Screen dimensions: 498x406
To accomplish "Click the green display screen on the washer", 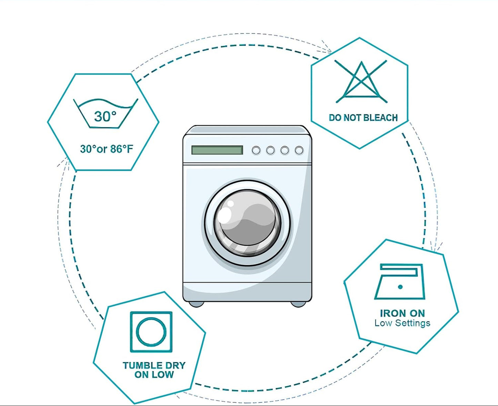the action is (217, 150).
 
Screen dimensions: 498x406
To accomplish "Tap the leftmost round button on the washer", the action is (256, 150).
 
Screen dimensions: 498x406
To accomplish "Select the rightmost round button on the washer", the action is (299, 150).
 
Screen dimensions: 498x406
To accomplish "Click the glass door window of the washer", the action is (247, 223).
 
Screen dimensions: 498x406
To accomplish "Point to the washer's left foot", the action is (196, 304).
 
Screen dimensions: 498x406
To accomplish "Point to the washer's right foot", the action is (298, 304).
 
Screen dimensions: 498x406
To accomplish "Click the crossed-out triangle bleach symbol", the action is (361, 81).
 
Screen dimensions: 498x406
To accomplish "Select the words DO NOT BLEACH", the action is (363, 118).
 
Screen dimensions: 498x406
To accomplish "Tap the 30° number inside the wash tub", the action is (105, 116).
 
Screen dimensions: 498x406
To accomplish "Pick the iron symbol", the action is (400, 282).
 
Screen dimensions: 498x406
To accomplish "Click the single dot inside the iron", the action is (400, 287).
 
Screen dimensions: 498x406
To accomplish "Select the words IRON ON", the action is (403, 313).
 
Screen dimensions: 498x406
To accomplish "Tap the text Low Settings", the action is (403, 323).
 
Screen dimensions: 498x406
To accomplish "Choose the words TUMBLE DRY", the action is (154, 365).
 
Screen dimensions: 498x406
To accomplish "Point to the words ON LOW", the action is (154, 375).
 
